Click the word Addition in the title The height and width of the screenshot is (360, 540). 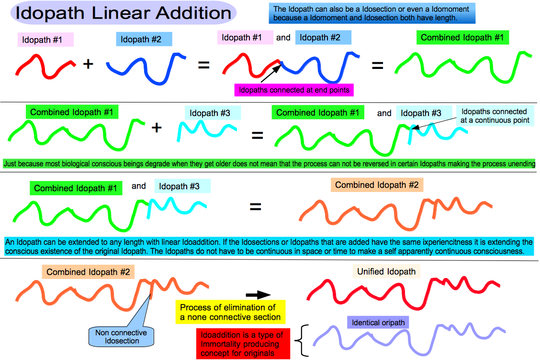click(x=193, y=13)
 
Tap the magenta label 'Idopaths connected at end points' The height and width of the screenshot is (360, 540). click(x=294, y=90)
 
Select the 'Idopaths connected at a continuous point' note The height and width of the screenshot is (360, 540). click(x=495, y=116)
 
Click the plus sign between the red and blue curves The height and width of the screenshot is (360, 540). click(x=88, y=64)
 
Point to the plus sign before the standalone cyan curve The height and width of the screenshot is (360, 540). click(x=157, y=128)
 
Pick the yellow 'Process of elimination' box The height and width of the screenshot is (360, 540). click(x=230, y=312)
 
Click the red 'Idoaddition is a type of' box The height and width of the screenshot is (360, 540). click(x=243, y=344)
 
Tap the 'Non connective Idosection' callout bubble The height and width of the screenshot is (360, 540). click(x=121, y=337)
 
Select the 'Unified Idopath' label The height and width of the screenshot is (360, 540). click(x=386, y=271)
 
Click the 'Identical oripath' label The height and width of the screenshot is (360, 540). click(x=378, y=323)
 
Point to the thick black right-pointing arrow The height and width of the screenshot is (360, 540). click(x=259, y=295)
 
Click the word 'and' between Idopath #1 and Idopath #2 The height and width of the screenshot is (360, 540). click(x=283, y=37)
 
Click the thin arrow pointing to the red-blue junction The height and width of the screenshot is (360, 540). click(x=270, y=74)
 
